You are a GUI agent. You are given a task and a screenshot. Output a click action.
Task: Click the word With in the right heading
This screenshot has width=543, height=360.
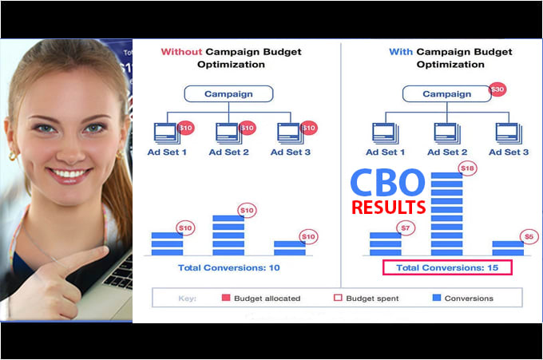400,52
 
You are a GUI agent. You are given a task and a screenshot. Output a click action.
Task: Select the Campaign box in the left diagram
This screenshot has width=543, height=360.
228,94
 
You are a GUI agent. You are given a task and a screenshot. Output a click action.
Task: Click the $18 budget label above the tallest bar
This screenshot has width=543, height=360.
468,168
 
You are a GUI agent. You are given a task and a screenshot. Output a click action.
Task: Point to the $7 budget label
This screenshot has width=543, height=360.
407,228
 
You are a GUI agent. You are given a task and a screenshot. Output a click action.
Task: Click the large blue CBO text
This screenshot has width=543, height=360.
389,183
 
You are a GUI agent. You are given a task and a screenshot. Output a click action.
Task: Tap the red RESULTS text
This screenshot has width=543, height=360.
389,208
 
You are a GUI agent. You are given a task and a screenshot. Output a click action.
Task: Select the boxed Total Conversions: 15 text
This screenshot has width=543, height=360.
447,267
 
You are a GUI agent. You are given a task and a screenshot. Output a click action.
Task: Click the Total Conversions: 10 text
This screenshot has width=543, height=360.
228,267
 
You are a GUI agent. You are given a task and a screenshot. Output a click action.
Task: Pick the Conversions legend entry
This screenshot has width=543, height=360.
462,298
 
